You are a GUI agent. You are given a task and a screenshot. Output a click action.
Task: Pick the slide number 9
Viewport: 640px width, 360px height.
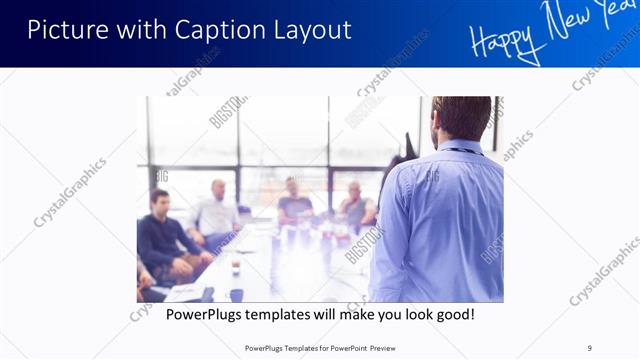[590, 347]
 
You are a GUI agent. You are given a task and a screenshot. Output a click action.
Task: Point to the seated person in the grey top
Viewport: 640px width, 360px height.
[355, 205]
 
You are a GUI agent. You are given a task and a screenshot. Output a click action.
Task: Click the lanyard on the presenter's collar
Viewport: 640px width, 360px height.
[460, 151]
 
